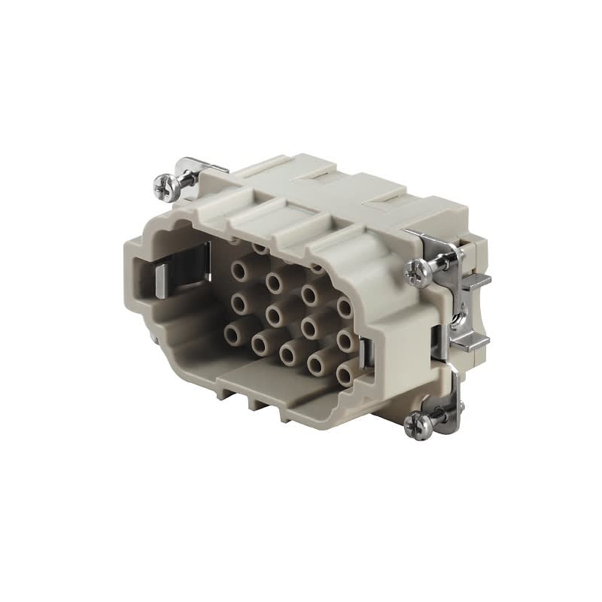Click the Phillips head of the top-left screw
tap(163, 183)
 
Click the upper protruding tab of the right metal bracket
tap(477, 281)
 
